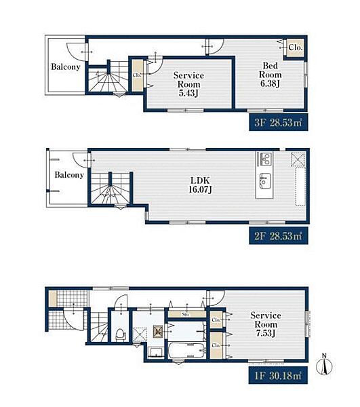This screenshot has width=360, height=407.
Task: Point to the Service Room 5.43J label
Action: coord(188,82)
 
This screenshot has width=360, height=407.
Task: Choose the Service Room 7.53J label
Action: coord(265,325)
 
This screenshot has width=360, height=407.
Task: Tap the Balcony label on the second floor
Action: coord(69,174)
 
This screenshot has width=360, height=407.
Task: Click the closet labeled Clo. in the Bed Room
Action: coord(296,48)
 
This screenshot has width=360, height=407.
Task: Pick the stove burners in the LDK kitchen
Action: coord(264,161)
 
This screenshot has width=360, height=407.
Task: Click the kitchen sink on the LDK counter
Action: coord(264,181)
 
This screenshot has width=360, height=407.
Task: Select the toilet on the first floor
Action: coord(120,333)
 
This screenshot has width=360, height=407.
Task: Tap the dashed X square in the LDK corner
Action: coord(298,159)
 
